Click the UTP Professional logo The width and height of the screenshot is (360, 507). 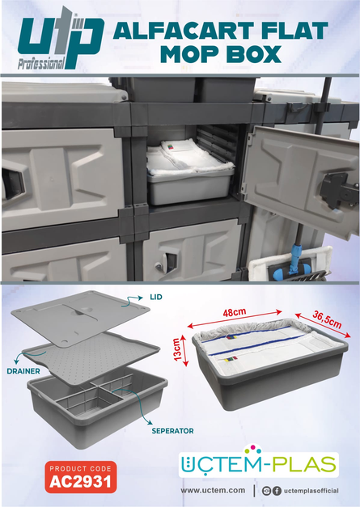click(x=61, y=38)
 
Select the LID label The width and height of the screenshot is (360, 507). click(x=156, y=297)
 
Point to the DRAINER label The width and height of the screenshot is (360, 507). click(x=23, y=371)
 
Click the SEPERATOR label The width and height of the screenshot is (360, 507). click(x=173, y=431)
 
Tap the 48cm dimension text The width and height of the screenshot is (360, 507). click(x=234, y=313)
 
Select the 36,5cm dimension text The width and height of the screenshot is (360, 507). click(x=327, y=319)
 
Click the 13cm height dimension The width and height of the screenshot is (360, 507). click(x=177, y=350)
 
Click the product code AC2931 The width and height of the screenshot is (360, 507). click(x=81, y=482)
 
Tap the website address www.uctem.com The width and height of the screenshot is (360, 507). click(x=213, y=490)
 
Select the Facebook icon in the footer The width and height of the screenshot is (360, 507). click(x=277, y=491)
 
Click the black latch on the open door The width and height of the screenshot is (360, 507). click(x=337, y=191)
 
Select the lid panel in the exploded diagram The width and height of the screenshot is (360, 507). click(x=80, y=317)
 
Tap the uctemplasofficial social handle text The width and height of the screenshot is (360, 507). click(x=311, y=491)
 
